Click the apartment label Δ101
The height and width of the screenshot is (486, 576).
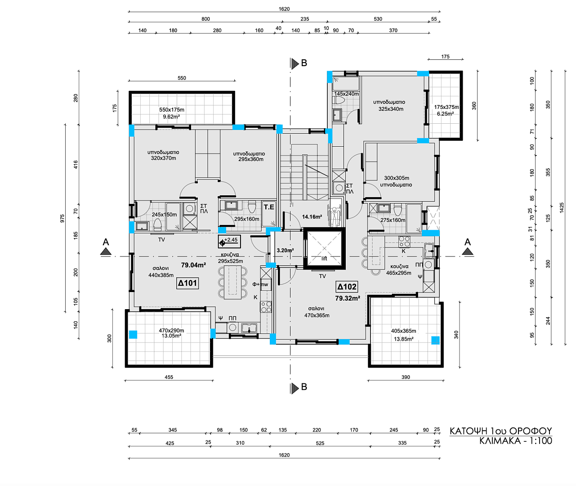188,283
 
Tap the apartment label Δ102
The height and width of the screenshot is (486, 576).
347,287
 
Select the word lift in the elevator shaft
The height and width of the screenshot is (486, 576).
324,258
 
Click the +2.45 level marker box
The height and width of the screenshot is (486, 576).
229,241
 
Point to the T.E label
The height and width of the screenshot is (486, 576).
269,207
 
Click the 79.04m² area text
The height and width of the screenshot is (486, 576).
194,265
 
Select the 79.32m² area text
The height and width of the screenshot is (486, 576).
348,298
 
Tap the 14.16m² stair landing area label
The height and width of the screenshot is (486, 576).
312,217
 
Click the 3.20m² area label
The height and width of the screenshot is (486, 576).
285,251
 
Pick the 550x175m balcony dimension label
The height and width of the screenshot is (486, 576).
172,110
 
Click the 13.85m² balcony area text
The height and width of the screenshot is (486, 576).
404,339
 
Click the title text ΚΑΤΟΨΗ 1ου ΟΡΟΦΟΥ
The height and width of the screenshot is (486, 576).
501,431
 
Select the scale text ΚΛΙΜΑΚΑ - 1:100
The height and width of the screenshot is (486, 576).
516,441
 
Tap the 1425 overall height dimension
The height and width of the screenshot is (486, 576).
562,207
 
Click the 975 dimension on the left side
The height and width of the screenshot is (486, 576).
63,218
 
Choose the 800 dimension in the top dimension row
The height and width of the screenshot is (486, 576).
205,19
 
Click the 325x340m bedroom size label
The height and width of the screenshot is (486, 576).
391,109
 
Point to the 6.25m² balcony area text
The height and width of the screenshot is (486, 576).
445,114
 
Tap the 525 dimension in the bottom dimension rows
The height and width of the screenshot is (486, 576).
320,443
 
